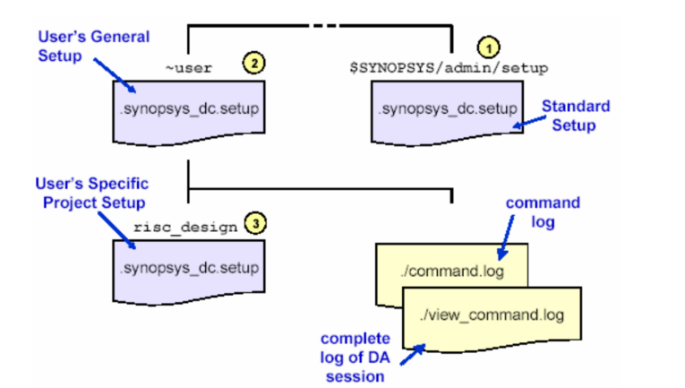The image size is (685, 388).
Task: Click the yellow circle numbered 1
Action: click(490, 44)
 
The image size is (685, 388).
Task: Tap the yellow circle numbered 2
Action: click(254, 64)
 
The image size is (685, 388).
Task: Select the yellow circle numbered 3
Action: click(255, 226)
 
